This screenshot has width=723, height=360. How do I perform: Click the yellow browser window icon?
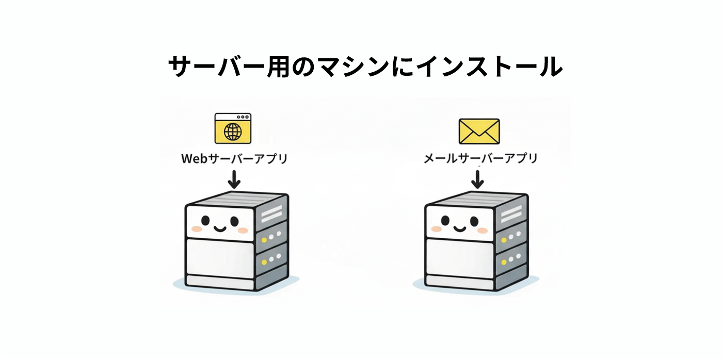(233, 128)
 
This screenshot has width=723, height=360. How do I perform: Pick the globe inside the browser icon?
(233, 132)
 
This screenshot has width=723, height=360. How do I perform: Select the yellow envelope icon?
(479, 131)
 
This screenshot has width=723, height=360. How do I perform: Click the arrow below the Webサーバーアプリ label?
(234, 178)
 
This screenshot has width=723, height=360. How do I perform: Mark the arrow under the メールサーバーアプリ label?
(478, 178)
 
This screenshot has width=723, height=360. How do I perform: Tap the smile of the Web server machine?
(220, 227)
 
